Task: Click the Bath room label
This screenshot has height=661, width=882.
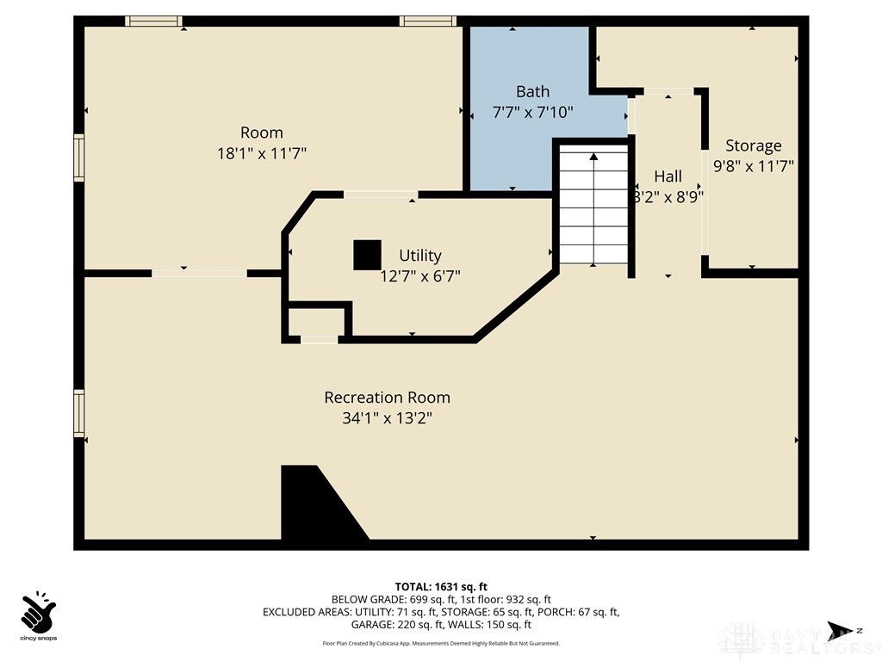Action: point(532,91)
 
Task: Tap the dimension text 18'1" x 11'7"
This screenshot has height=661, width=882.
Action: point(262,153)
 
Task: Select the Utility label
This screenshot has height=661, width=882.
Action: point(420,256)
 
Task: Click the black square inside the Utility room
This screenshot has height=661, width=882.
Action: point(367,255)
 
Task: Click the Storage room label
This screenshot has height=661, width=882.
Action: point(753,145)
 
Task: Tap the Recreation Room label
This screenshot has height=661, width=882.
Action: point(387,398)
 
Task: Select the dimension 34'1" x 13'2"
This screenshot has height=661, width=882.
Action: point(387,419)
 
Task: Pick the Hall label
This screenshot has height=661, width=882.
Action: point(668,176)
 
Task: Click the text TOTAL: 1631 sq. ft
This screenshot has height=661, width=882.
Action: point(441,587)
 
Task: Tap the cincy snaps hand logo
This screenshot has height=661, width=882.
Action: point(38,612)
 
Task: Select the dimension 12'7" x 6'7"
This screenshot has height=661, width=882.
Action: point(420,276)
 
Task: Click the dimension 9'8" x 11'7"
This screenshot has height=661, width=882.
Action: point(753,166)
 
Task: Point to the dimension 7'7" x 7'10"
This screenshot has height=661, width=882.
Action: point(532,112)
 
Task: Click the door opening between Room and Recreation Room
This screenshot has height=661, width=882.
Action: point(199,274)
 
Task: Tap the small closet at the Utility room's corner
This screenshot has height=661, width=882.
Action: point(317,321)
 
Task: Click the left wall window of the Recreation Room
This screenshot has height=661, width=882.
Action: point(79,412)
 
